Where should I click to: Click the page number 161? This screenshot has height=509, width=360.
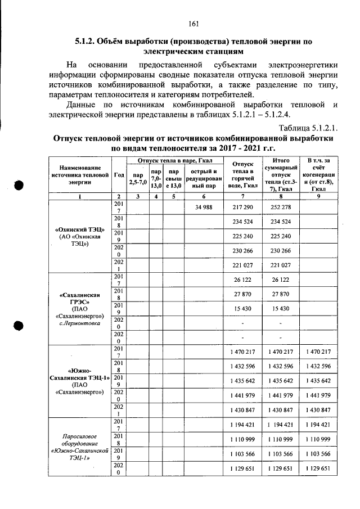pyautogui.click(x=194, y=23)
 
